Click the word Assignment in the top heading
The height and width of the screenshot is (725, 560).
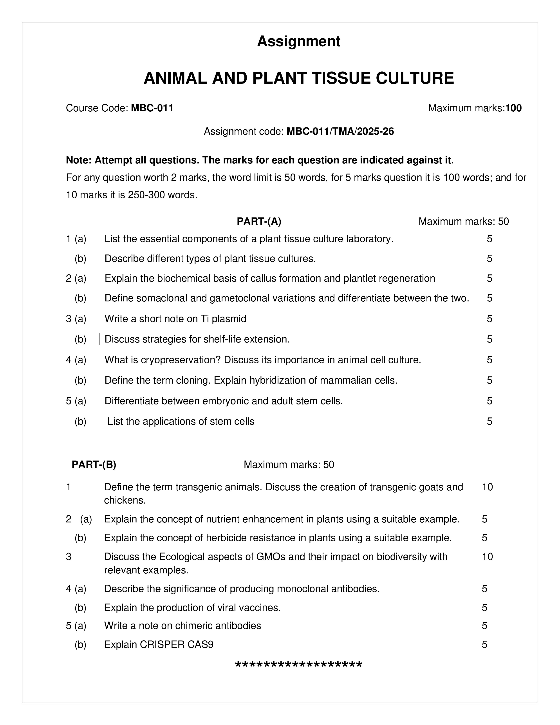299,42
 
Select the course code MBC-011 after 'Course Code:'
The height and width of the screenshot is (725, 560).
152,108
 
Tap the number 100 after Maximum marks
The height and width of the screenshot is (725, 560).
514,108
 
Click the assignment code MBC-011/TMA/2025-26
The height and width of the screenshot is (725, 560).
340,132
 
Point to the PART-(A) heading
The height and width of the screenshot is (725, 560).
259,221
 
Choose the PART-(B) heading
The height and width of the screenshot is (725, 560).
94,465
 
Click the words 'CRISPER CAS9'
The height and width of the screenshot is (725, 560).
177,645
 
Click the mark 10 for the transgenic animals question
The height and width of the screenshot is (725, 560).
487,487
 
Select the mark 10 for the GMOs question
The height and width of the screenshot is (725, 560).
487,557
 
